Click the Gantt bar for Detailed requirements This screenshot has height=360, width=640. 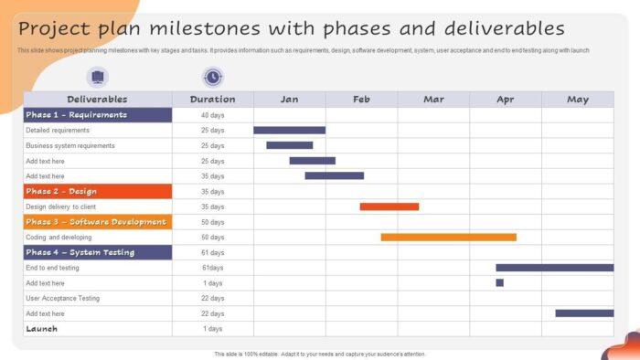[289, 131]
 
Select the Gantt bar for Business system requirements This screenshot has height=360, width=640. [290, 145]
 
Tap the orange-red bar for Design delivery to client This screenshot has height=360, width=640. [389, 206]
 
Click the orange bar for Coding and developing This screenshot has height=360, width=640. [448, 237]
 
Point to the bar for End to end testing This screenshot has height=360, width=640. [554, 268]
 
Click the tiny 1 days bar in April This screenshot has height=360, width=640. [499, 283]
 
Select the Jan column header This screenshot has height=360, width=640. [289, 99]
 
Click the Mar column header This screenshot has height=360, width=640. [433, 99]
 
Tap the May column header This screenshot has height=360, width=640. [577, 99]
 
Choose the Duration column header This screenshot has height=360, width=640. [212, 99]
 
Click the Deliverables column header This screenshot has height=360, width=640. [97, 99]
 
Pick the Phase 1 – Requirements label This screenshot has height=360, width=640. [77, 115]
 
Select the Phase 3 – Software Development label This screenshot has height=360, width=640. [96, 222]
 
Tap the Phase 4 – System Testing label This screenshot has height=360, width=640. [80, 252]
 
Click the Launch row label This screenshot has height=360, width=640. [42, 328]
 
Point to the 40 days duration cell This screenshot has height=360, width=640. [212, 115]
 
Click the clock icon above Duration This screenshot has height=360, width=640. [212, 78]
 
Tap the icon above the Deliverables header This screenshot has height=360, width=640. [97, 78]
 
